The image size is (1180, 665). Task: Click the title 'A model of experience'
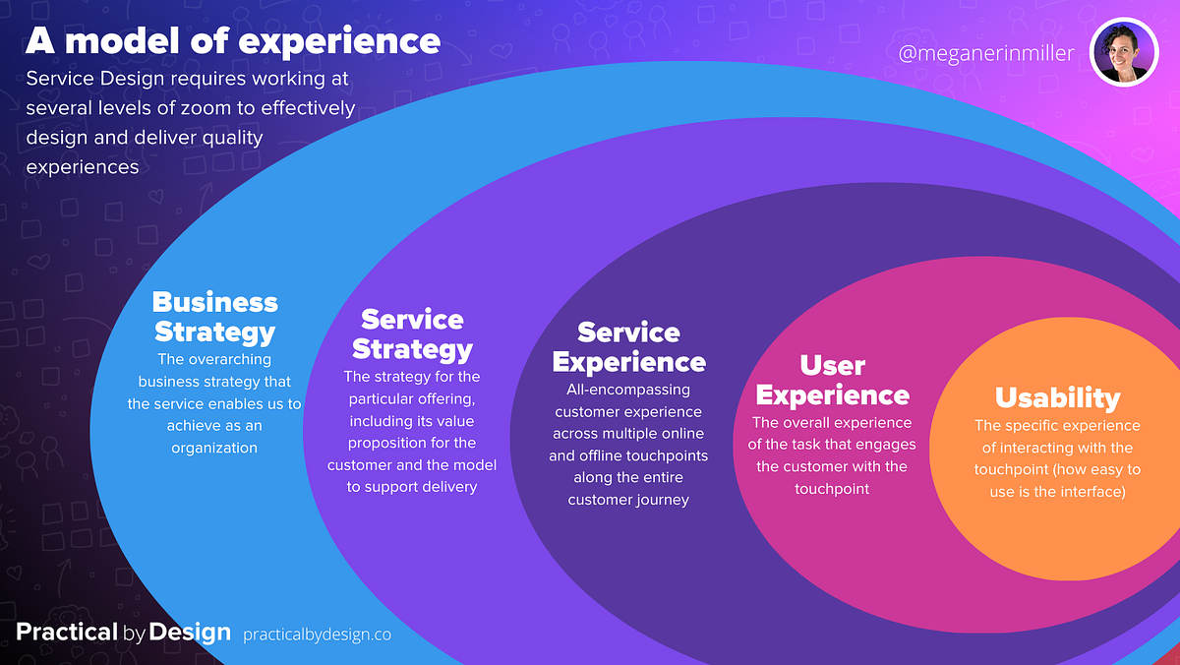pos(232,41)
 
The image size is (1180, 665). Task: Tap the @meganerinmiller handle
pos(986,53)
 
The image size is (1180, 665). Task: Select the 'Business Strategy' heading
pos(215,316)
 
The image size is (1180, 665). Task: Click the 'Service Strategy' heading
pos(412,333)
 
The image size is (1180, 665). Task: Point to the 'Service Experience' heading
pos(628,347)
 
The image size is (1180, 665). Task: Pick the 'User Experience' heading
pos(832,380)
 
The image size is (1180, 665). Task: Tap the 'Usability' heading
pos(1057,397)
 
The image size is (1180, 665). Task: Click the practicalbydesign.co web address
pos(317,635)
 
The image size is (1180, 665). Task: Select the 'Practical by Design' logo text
pos(123,633)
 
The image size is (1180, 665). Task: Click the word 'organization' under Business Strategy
pos(213,448)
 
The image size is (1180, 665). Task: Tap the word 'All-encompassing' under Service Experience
pos(628,390)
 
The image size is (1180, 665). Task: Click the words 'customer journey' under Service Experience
pos(628,500)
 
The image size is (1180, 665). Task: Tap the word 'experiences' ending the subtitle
pos(83,166)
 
